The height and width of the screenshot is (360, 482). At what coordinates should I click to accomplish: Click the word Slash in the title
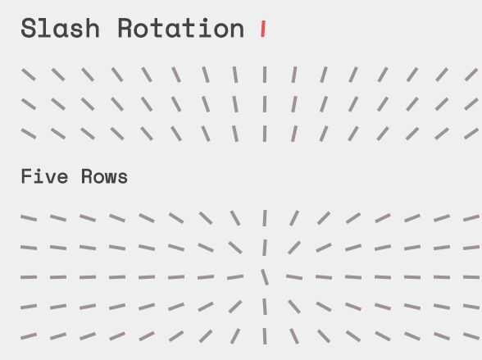[x=61, y=28]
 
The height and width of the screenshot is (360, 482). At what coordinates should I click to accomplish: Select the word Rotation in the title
[x=181, y=28]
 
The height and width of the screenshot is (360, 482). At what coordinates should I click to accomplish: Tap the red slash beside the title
[x=263, y=30]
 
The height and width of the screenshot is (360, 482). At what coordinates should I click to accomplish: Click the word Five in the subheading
[x=44, y=176]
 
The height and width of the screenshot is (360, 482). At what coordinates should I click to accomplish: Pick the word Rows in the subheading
[x=105, y=176]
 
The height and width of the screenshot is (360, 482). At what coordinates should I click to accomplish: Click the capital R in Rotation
[x=125, y=28]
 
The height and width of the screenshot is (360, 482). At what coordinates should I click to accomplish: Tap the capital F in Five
[x=26, y=176]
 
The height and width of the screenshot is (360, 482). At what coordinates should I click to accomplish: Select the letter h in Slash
[x=92, y=28]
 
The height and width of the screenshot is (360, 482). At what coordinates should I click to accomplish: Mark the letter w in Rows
[x=110, y=179]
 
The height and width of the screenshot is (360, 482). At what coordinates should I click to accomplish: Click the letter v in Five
[x=50, y=179]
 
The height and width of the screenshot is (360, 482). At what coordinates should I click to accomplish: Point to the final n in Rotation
[x=237, y=30]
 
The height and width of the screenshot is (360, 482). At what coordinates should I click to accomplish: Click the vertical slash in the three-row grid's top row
[x=265, y=75]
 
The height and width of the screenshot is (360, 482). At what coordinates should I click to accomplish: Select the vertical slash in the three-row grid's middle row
[x=265, y=104]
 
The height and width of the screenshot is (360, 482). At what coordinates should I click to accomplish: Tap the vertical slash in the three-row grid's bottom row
[x=265, y=134]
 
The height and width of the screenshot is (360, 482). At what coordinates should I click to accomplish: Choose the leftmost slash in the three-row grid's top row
[x=29, y=75]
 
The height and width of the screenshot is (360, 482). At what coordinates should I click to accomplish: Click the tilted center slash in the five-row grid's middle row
[x=265, y=277]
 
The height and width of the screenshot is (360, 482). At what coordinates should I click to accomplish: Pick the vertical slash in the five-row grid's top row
[x=265, y=218]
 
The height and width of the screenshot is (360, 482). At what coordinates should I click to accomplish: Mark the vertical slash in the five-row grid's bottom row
[x=265, y=336]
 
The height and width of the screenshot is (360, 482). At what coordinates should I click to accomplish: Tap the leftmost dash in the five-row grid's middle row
[x=29, y=277]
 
